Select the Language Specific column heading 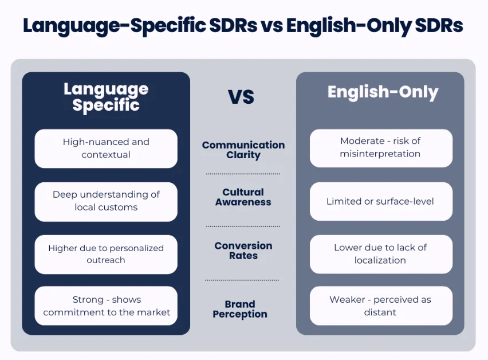point(106,97)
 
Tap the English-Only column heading point(383,92)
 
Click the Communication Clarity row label point(243,150)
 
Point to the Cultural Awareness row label point(243,197)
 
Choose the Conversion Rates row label point(243,251)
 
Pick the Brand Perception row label point(240,309)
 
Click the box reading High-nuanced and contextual point(106,148)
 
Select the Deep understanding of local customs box point(106,201)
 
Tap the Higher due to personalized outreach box point(106,254)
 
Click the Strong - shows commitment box point(106,306)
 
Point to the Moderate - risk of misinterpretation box point(380,148)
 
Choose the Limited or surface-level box point(380,201)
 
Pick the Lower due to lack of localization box point(380,254)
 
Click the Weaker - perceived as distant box point(380,306)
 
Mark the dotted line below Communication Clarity point(243,174)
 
